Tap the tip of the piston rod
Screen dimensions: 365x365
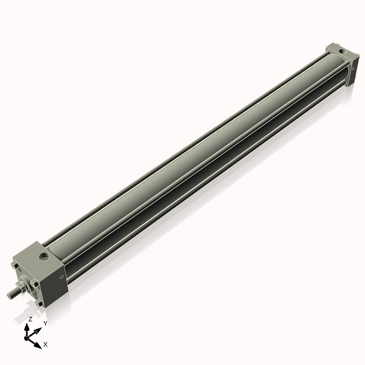pos(9,295)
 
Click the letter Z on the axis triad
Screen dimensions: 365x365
pos(30,319)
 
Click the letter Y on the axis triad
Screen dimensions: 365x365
pos(45,323)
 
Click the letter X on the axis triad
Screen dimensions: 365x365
pos(46,344)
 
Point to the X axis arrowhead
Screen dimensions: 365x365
pos(39,344)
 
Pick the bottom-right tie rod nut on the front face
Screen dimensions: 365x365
pos(41,302)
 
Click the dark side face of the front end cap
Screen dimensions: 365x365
pos(58,280)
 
